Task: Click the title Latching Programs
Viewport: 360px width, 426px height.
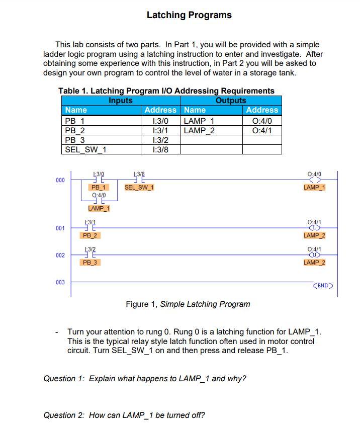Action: (189, 15)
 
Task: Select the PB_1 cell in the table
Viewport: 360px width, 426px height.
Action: (75, 121)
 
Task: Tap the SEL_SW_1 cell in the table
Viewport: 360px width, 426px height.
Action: (85, 149)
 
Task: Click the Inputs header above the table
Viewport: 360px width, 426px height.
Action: (121, 100)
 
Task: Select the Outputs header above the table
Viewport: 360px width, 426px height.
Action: (231, 100)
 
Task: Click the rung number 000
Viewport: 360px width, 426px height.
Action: (60, 180)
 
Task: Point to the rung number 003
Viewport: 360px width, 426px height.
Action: (60, 283)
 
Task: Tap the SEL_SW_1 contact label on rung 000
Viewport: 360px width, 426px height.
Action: (139, 188)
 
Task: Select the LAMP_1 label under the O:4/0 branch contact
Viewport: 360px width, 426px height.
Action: (99, 208)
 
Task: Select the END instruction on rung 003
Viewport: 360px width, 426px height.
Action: (323, 286)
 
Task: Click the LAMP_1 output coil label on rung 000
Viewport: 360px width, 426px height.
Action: (315, 188)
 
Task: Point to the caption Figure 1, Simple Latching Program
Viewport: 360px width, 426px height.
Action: (188, 304)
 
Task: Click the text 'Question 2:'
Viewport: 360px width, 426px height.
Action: (64, 415)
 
